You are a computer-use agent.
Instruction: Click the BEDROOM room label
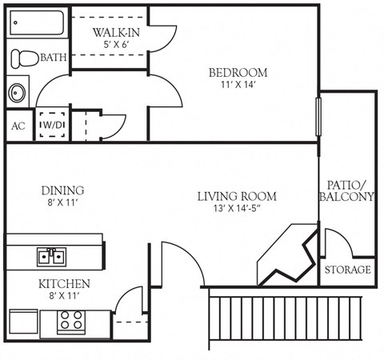click(x=238, y=73)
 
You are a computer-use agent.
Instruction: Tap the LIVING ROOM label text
click(x=237, y=196)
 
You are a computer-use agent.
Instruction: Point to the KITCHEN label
click(x=64, y=284)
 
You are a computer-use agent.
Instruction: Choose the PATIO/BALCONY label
click(x=346, y=190)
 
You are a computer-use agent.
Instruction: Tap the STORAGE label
click(x=348, y=270)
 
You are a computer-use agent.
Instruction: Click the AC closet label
click(x=18, y=126)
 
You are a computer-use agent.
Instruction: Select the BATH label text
click(x=54, y=58)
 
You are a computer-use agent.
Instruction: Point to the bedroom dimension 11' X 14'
click(x=238, y=86)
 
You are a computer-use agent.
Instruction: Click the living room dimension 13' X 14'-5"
click(x=237, y=210)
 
